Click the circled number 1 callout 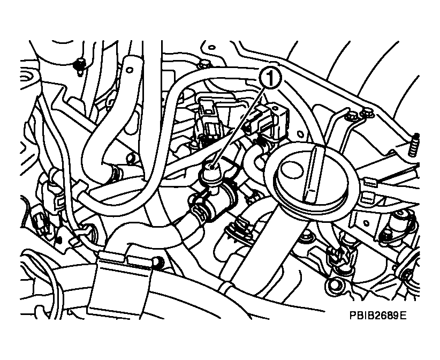(270, 78)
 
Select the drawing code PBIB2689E (378, 316)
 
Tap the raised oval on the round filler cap (292, 170)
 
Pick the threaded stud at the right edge (414, 145)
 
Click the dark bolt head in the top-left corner (80, 65)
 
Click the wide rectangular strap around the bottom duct (121, 283)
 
